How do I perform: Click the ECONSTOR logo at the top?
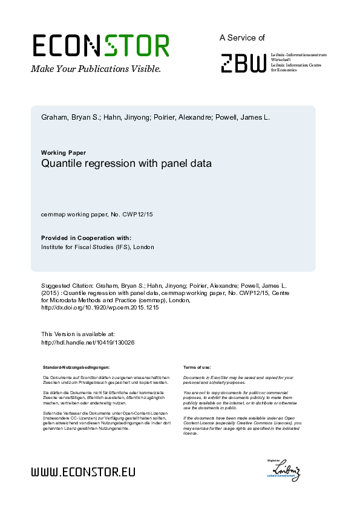coord(100,46)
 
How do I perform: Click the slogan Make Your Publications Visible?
coord(96,69)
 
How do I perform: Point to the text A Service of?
coord(242,38)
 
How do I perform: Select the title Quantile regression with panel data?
coord(126,163)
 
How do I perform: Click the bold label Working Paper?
coord(64,152)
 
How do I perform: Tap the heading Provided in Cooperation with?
coord(86,238)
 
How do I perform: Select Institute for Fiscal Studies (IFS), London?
coord(97,247)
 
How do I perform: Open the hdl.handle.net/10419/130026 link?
coord(88,342)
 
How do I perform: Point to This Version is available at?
coord(77,334)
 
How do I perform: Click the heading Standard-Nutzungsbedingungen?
coord(76,368)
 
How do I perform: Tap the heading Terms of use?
coord(197,368)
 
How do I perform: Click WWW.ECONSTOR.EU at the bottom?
coord(83,472)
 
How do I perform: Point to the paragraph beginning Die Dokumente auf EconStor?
coord(106,380)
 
